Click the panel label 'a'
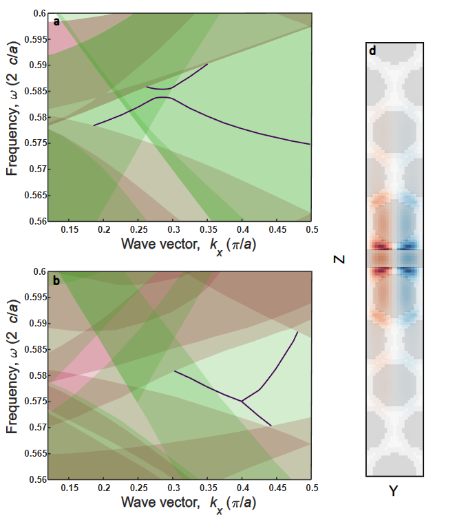coord(57,21)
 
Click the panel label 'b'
coord(57,280)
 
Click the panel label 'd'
coord(372,50)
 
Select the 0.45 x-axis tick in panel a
coord(277,228)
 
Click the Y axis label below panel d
coord(394,491)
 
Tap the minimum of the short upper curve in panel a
coord(160,89)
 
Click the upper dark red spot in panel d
coord(377,245)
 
